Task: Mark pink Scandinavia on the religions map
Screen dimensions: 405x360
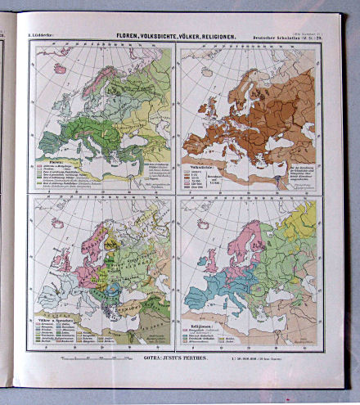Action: [245, 241]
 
